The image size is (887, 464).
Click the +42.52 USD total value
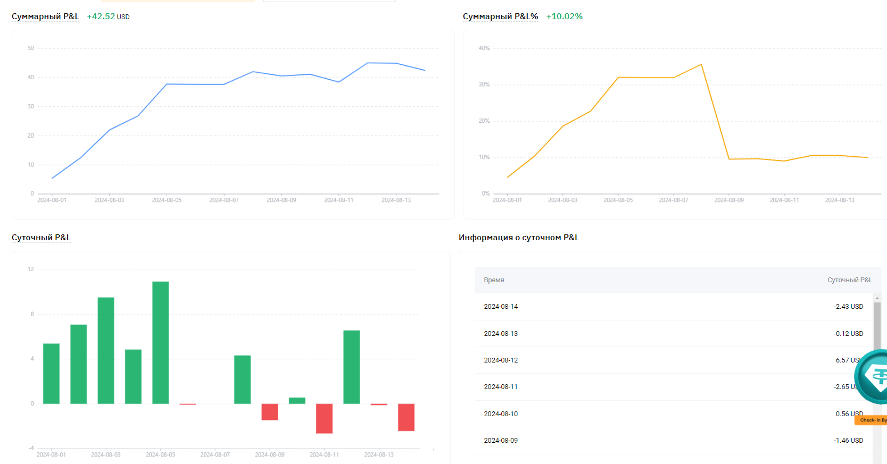coord(108,16)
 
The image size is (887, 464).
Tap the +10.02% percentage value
coord(564,16)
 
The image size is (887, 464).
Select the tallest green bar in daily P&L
coord(160,342)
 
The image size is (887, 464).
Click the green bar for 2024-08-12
coord(351,367)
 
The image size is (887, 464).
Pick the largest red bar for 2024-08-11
coord(324,418)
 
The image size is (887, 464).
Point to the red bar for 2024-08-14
coord(406,417)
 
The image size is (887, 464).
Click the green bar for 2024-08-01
coord(51,373)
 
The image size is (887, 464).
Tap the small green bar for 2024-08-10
coord(297,401)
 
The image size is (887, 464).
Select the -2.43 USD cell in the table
coord(848,307)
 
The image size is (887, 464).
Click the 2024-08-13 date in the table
coord(500,334)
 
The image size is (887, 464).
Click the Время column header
coord(494,280)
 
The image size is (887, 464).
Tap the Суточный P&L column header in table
coord(849,280)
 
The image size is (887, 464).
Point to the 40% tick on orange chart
coord(484,48)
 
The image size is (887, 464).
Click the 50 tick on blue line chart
coord(31,48)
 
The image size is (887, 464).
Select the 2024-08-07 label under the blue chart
coord(223,200)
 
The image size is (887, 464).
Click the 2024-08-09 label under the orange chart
coord(728,200)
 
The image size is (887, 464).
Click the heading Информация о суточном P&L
coord(518,238)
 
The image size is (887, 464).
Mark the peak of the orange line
coord(701,64)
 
